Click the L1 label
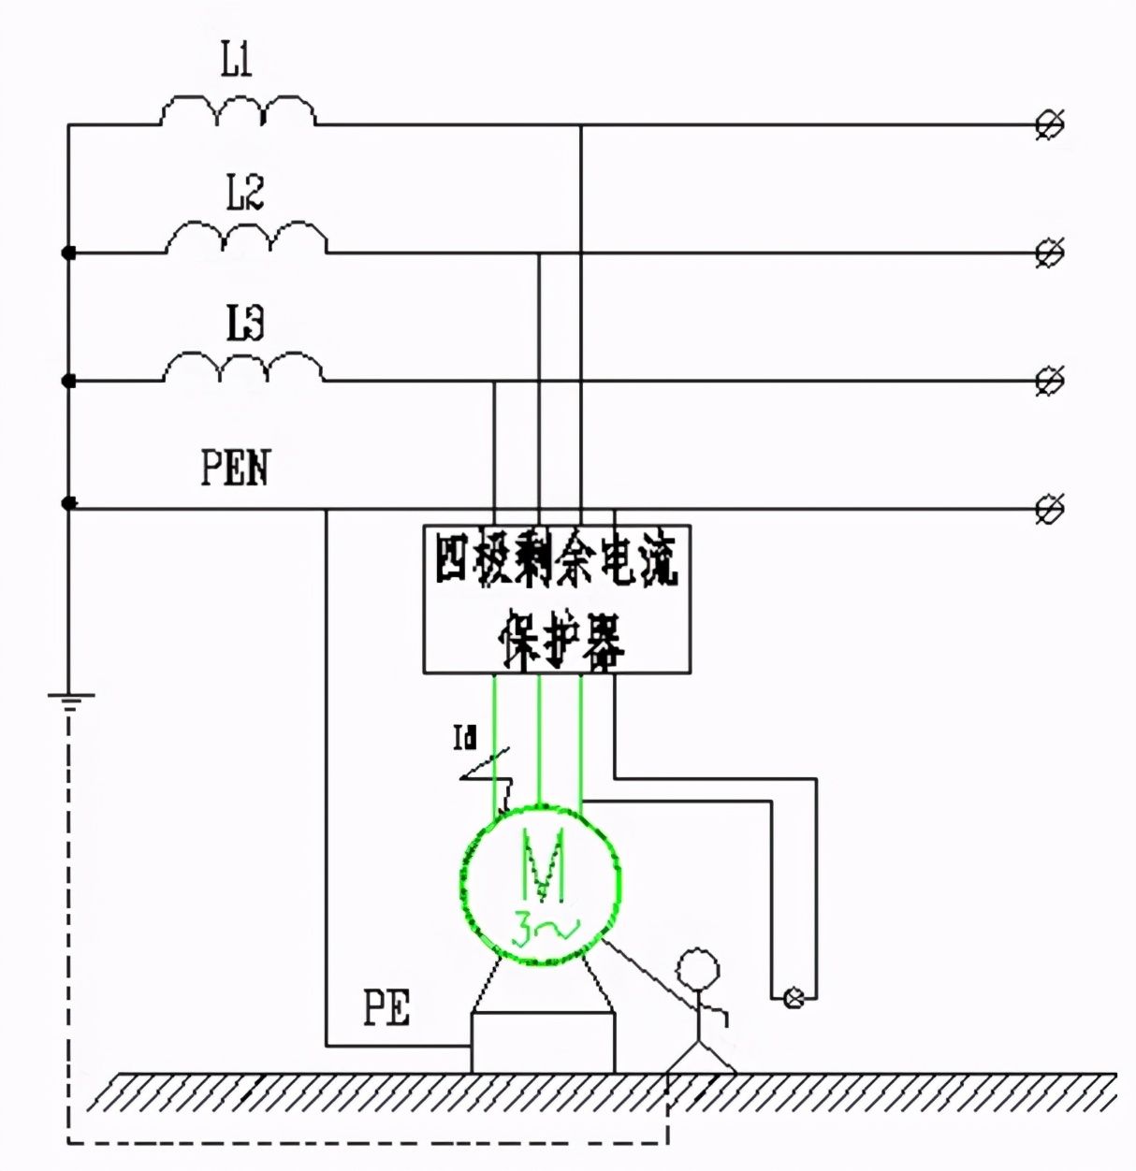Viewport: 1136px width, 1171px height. (x=236, y=63)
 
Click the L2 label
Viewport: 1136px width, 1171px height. (x=244, y=193)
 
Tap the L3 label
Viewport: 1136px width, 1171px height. (x=244, y=323)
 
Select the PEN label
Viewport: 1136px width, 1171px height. (x=235, y=467)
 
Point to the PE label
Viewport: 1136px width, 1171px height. (x=386, y=1009)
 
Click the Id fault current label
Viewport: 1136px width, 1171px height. (x=465, y=740)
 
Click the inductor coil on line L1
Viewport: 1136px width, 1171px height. (x=238, y=110)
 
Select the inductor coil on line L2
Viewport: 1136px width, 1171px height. (x=246, y=239)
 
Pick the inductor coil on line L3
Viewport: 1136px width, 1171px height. (x=244, y=368)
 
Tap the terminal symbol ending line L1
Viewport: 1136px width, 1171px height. (x=1050, y=124)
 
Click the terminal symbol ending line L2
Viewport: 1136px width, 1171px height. (x=1050, y=253)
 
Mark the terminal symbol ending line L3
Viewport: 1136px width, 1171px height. (x=1050, y=381)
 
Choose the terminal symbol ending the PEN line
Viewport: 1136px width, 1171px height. (x=1050, y=510)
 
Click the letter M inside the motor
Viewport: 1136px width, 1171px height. (x=544, y=865)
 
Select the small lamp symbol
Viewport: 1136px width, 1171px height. (x=794, y=998)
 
